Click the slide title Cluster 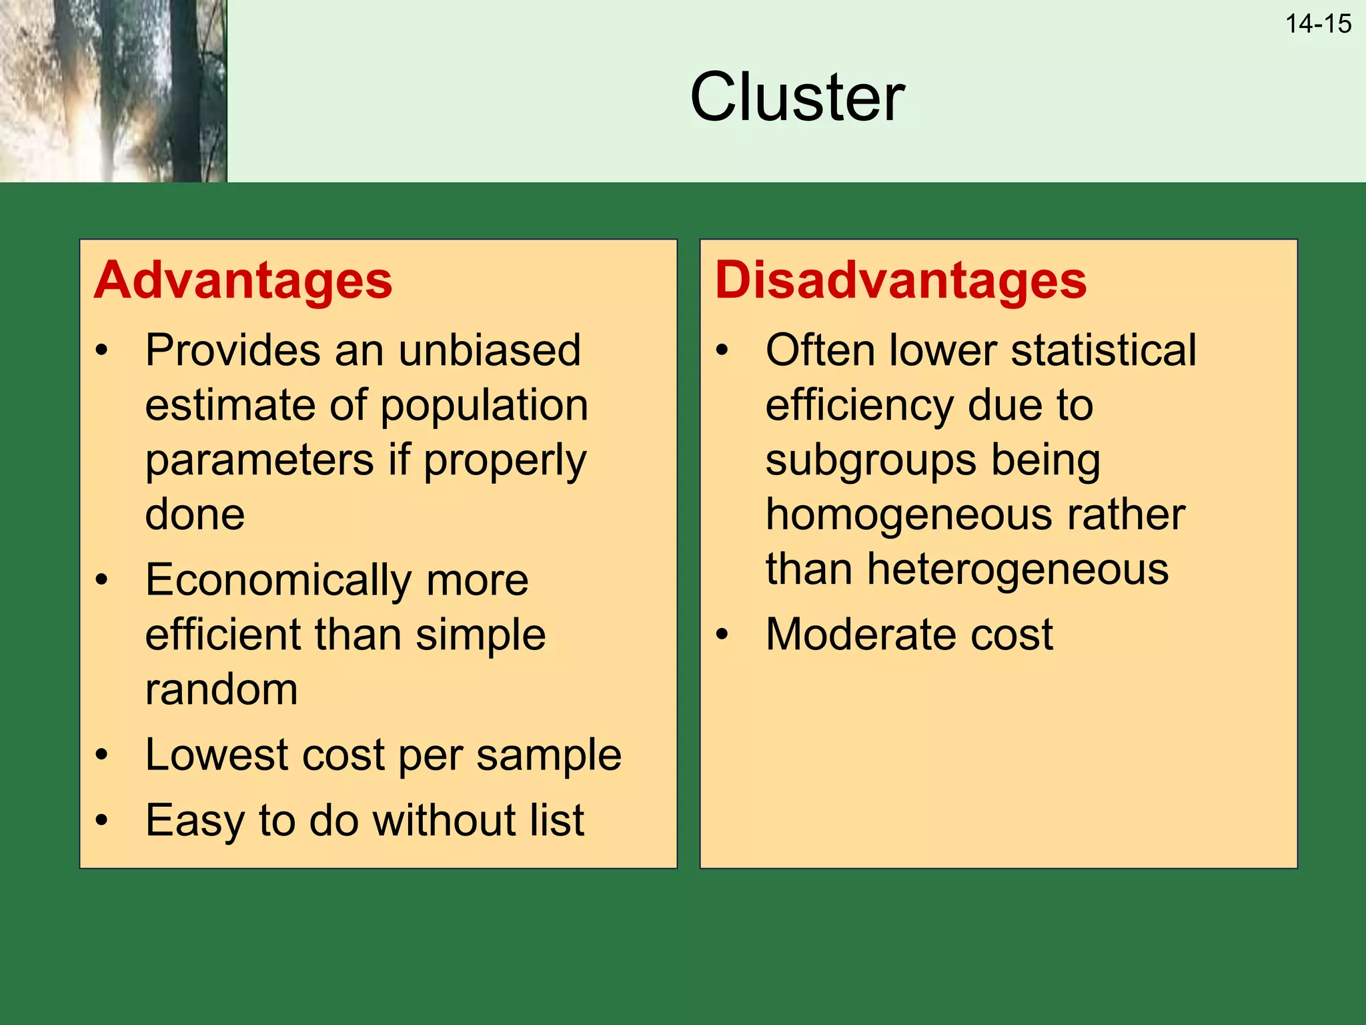click(797, 97)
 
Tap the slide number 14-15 click(1318, 24)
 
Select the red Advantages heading click(243, 280)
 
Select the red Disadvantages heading click(900, 280)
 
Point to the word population click(484, 406)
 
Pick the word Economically click(278, 579)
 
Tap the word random click(221, 689)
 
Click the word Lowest click(217, 755)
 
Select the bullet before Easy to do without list click(101, 820)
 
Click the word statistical click(1103, 350)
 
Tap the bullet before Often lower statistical click(722, 350)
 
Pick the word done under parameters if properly click(195, 515)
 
